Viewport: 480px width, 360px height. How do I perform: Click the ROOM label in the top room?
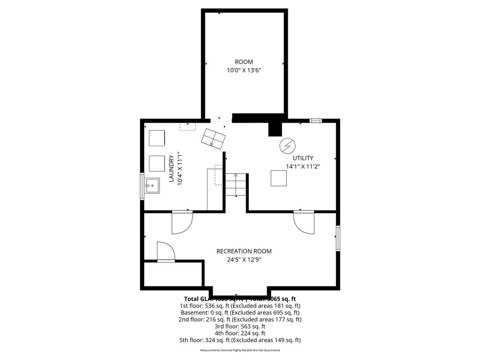click(x=244, y=62)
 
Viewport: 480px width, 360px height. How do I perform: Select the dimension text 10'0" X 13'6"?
click(x=244, y=70)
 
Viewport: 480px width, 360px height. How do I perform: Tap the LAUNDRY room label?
click(x=171, y=169)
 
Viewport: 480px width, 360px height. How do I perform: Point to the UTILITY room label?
click(x=303, y=158)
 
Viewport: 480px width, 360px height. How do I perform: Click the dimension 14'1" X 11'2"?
click(x=303, y=166)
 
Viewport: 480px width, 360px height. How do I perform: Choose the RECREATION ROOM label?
click(x=244, y=251)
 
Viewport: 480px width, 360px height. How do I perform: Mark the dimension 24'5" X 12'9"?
click(x=244, y=259)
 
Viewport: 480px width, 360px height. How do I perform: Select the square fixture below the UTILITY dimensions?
click(x=279, y=178)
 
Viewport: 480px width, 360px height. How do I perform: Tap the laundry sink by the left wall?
click(x=152, y=186)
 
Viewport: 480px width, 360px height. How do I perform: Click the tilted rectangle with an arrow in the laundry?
click(x=214, y=137)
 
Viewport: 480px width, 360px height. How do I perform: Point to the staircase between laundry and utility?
click(x=235, y=185)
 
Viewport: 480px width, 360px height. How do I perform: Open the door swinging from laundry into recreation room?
click(x=182, y=222)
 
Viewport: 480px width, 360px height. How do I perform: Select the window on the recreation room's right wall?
click(x=337, y=238)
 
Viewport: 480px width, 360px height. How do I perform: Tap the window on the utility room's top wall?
click(x=316, y=121)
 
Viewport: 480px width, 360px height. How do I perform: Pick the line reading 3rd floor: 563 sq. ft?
click(x=240, y=326)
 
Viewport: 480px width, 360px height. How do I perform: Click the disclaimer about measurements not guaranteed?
click(x=240, y=350)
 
